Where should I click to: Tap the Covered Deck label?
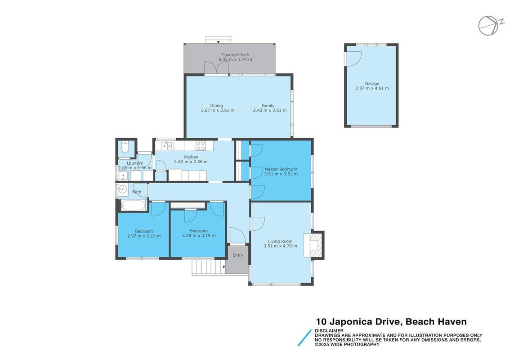[x=235, y=55]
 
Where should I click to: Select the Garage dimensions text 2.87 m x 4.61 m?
[x=372, y=88]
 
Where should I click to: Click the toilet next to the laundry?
[x=125, y=147]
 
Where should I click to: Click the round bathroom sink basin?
[x=123, y=189]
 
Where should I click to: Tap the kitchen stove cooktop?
[x=201, y=145]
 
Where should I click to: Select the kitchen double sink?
[x=166, y=145]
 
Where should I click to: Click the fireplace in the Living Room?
[x=314, y=245]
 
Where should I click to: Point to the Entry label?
[x=238, y=255]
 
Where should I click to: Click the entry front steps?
[x=208, y=266]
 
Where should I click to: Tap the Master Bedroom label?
[x=281, y=169]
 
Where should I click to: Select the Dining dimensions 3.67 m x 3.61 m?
[x=218, y=111]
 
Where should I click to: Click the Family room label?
[x=268, y=106]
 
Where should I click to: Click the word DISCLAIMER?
[x=329, y=330]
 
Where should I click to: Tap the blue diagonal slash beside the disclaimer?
[x=304, y=337]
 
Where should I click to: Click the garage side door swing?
[x=353, y=58]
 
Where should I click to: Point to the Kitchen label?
[x=191, y=157]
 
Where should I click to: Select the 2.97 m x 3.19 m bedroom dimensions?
[x=144, y=236]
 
